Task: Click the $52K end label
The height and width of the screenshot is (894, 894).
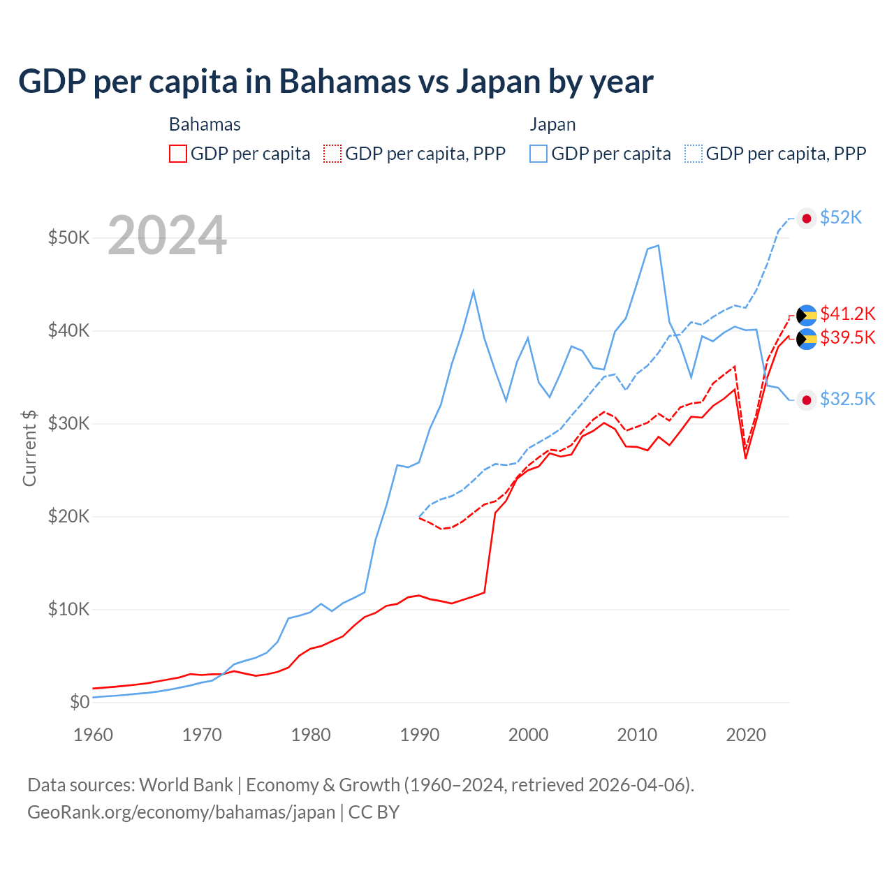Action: click(841, 218)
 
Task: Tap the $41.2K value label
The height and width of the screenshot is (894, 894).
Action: click(847, 314)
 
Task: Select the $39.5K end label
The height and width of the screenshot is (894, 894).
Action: click(847, 338)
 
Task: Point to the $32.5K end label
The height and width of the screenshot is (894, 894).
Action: click(847, 399)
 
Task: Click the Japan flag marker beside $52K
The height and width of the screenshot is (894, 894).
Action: click(807, 219)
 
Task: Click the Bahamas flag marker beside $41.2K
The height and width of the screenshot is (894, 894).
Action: click(807, 316)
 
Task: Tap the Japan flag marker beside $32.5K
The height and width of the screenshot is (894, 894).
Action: click(807, 400)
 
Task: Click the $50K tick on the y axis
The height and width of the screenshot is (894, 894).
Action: click(68, 237)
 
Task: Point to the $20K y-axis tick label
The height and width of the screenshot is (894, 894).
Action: click(68, 516)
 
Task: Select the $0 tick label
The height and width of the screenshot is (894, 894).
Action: click(80, 702)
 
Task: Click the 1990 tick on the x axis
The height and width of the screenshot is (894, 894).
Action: click(420, 735)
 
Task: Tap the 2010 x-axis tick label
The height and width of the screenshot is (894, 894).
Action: click(637, 735)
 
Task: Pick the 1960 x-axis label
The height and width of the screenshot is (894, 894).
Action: click(94, 735)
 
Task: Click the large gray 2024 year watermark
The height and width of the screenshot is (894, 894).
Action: click(168, 236)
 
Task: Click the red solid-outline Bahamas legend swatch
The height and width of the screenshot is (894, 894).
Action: click(178, 154)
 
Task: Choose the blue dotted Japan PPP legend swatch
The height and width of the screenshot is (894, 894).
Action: click(694, 154)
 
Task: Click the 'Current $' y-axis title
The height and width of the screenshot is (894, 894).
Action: click(29, 448)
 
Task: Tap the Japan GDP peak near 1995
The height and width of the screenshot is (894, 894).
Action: click(474, 291)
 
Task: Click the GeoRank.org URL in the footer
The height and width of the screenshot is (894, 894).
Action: click(182, 812)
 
